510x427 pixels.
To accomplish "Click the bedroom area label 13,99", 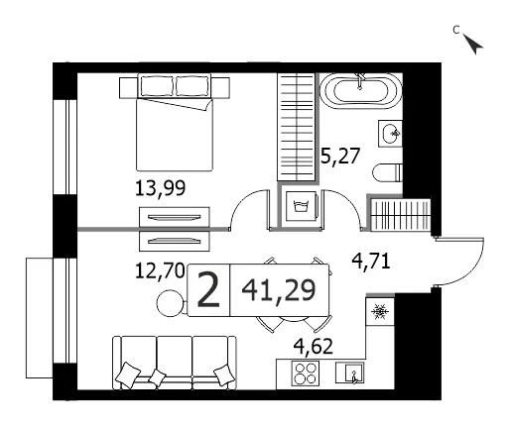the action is click(161, 188).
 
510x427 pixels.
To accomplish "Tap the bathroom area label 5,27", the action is click(340, 156).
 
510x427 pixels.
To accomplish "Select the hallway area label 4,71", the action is click(371, 262).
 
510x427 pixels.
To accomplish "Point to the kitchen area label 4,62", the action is click(314, 347).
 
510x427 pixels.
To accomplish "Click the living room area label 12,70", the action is click(160, 271).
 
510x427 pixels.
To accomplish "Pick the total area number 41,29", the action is click(279, 290).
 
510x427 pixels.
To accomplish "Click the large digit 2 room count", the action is click(208, 290).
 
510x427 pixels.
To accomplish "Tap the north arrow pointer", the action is click(473, 44).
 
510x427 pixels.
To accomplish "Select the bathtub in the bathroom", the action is click(361, 90).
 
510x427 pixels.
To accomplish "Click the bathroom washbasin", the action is click(390, 134).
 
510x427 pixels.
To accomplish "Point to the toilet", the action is click(387, 172).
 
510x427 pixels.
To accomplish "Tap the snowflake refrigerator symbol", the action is click(380, 312).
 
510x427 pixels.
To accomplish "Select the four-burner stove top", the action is click(306, 374).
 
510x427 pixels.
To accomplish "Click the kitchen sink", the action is click(350, 373).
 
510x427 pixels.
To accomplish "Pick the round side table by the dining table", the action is click(171, 303).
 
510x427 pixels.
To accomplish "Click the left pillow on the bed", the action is click(157, 86).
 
